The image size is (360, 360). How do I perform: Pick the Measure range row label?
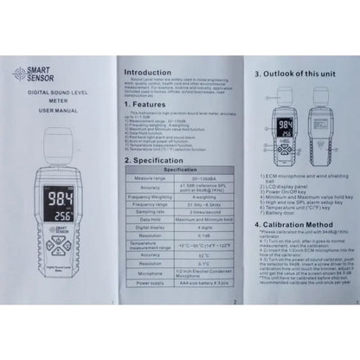pos(153,178)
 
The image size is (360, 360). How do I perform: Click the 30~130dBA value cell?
pos(209,178)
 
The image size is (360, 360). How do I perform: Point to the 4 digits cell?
pos(209,228)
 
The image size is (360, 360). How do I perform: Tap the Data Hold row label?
pos(153,220)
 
